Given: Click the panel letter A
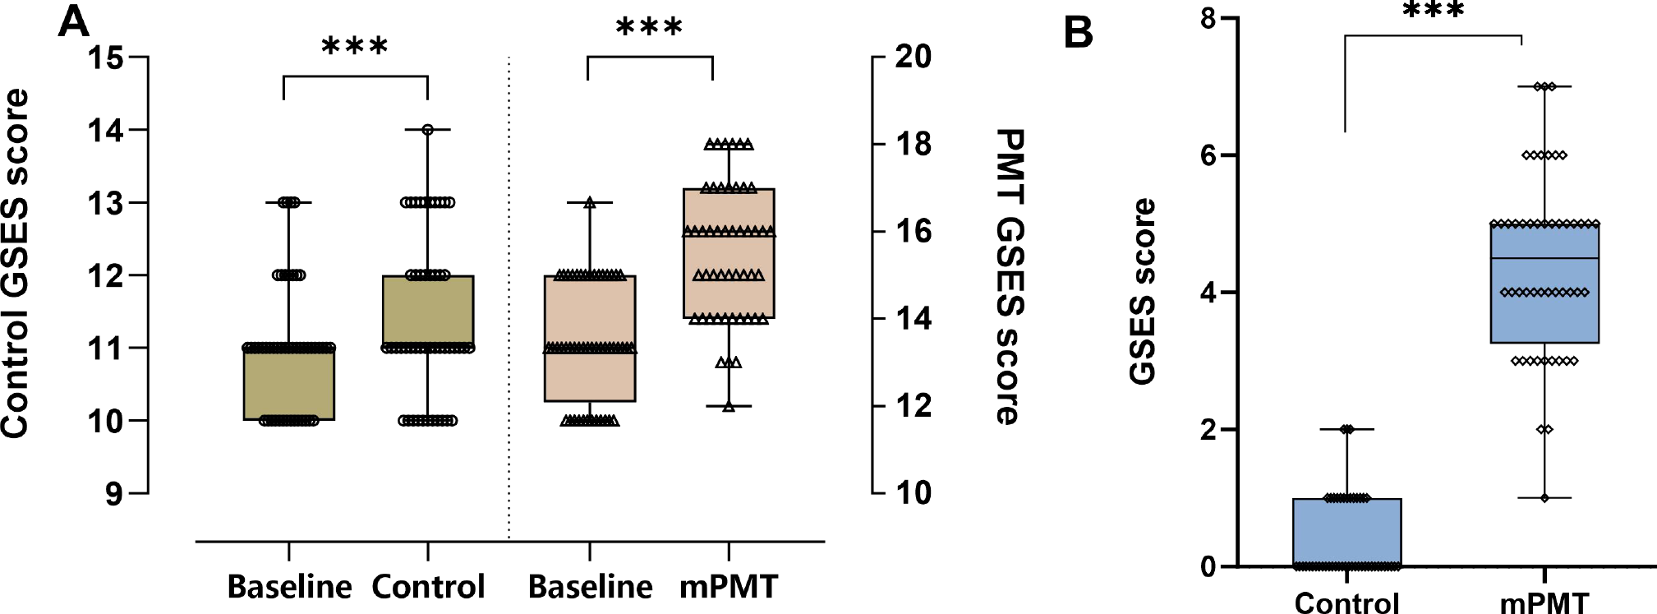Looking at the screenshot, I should coord(73,21).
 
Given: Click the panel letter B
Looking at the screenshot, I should coord(1079,33).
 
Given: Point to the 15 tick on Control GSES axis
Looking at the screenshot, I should coord(108,58).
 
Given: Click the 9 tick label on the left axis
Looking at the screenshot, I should coord(113,494).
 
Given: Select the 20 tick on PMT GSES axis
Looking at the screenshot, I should coord(912,57).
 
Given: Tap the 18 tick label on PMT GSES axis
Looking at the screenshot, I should coord(912,144).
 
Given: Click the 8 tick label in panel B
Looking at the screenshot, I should coord(1208,18).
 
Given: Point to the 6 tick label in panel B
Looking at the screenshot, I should coord(1208,155).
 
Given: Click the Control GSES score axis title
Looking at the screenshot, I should coord(16,263).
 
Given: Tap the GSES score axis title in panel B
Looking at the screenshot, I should coord(1143,292).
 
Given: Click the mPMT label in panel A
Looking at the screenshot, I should coord(729,587).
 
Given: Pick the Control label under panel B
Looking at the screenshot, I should coord(1346,603).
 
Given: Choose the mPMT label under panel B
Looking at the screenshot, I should coord(1544,603).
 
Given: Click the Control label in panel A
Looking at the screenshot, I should coord(428,587).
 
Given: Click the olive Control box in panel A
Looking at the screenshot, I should coord(428,312).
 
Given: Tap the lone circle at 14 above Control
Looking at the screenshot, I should coord(428,130).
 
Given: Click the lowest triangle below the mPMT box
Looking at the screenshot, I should coord(729,406).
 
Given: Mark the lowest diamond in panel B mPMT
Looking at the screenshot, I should coord(1544,498).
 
